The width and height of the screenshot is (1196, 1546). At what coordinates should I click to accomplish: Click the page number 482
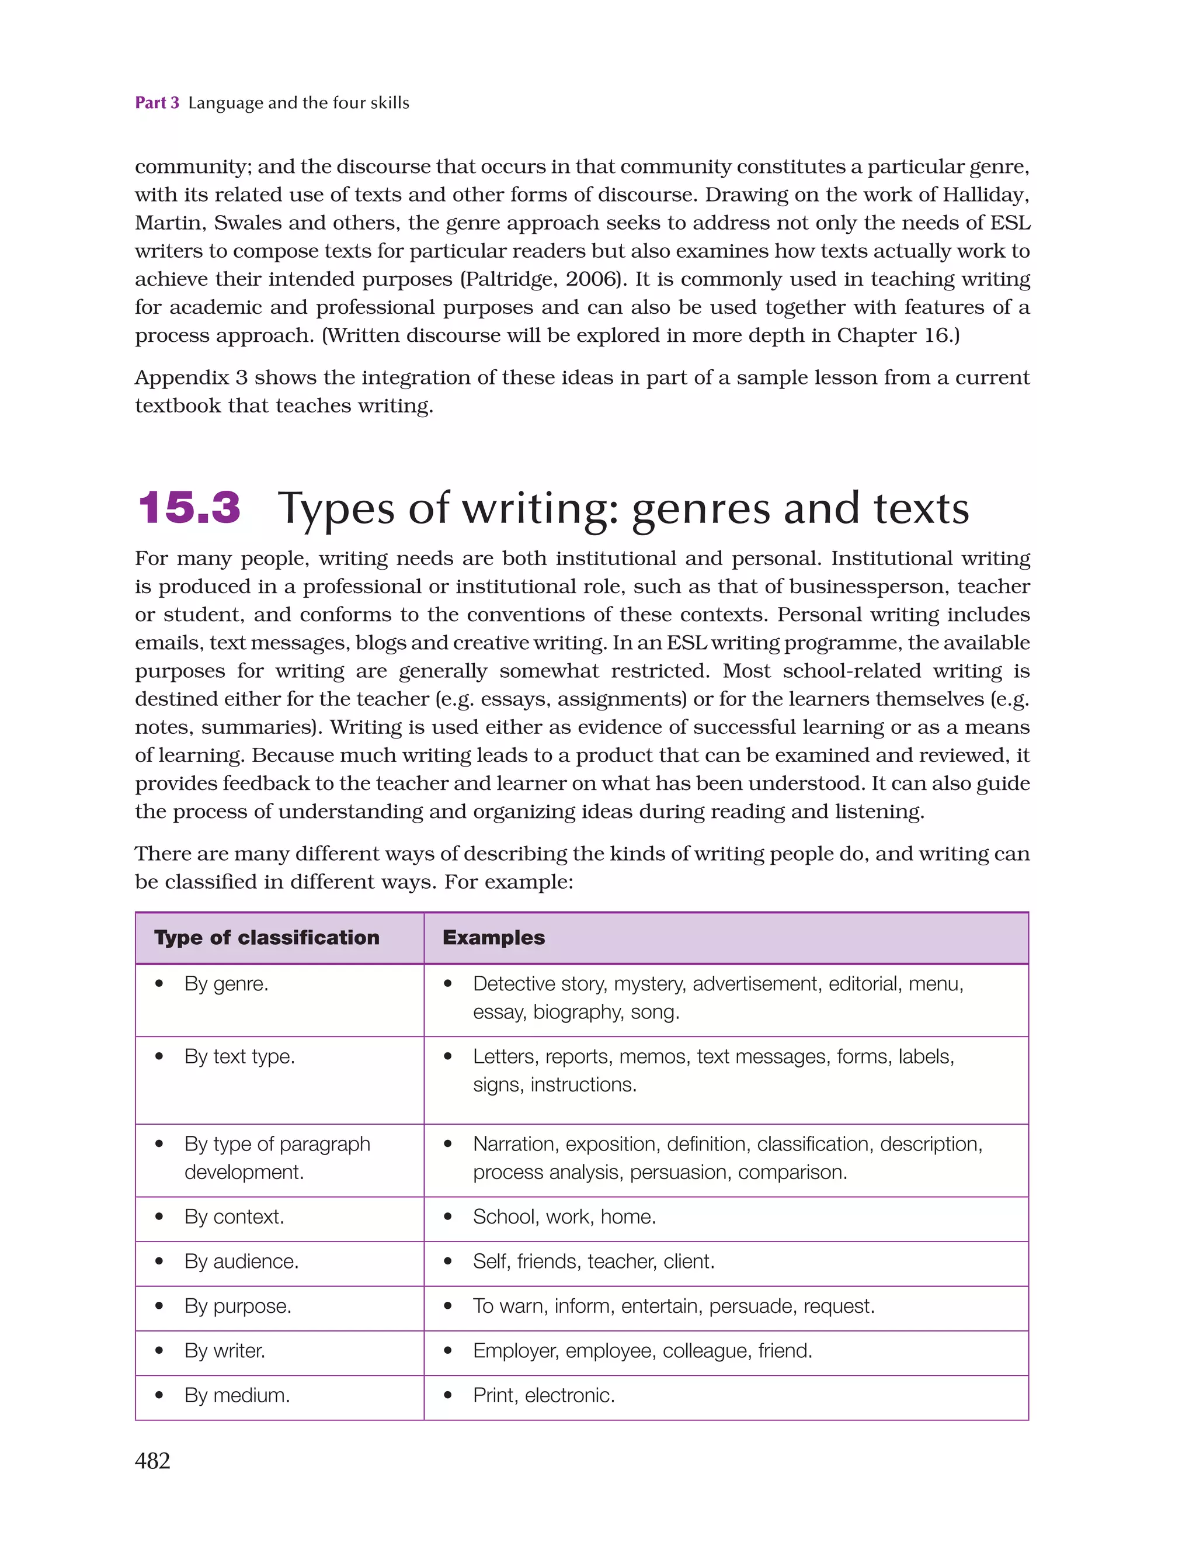pyautogui.click(x=152, y=1460)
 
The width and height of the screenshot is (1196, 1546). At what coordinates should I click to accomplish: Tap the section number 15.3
pyautogui.click(x=189, y=508)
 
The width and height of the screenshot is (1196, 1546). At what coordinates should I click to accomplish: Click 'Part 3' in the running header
pyautogui.click(x=157, y=103)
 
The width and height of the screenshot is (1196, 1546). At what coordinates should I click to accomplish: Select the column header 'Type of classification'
pyautogui.click(x=267, y=937)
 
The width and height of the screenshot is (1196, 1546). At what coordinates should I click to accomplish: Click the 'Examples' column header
pyautogui.click(x=493, y=937)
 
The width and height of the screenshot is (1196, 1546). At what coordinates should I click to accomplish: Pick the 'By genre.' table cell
pyautogui.click(x=226, y=983)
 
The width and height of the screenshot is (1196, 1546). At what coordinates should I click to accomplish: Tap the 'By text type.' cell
pyautogui.click(x=239, y=1056)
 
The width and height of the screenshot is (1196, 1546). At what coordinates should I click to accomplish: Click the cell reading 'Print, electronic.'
pyautogui.click(x=544, y=1395)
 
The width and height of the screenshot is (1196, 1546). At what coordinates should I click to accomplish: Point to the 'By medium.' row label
pyautogui.click(x=237, y=1395)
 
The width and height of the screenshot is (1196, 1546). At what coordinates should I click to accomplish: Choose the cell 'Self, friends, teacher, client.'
pyautogui.click(x=593, y=1261)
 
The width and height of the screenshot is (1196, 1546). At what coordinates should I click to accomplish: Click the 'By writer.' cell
pyautogui.click(x=224, y=1351)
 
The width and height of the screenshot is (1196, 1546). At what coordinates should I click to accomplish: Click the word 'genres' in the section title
pyautogui.click(x=700, y=509)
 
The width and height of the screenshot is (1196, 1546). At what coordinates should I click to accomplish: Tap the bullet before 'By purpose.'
pyautogui.click(x=159, y=1305)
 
